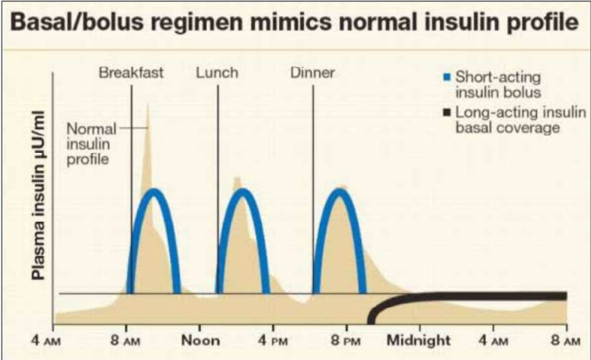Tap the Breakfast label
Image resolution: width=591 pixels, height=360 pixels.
pos(131,73)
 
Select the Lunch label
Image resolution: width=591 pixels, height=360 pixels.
pos(217,73)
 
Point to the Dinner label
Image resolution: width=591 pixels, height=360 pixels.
pos(313,73)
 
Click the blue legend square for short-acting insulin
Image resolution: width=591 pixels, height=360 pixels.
pos(447,77)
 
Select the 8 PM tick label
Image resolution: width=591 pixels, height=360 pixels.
pos(345,339)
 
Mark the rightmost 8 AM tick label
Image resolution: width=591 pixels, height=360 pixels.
pos(564,339)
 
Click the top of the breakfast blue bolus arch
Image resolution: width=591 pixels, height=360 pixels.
pos(155,191)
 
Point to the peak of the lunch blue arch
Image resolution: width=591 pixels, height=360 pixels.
pos(242,191)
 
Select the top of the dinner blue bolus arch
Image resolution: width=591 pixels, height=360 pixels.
pos(340,191)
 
